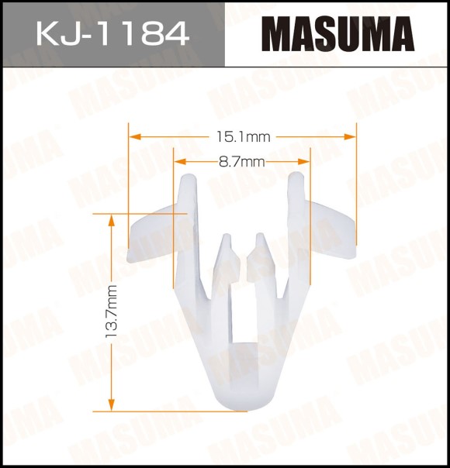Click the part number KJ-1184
coord(113,33)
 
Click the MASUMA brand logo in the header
coord(338,34)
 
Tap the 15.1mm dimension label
coord(243,137)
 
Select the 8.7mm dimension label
coord(242,162)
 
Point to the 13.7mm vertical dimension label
coord(112,311)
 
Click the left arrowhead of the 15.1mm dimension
coord(134,137)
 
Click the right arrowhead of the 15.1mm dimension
coord(350,137)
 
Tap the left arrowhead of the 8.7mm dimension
coord(180,162)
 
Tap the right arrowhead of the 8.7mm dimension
coord(304,162)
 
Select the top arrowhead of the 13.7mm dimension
coord(112,220)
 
